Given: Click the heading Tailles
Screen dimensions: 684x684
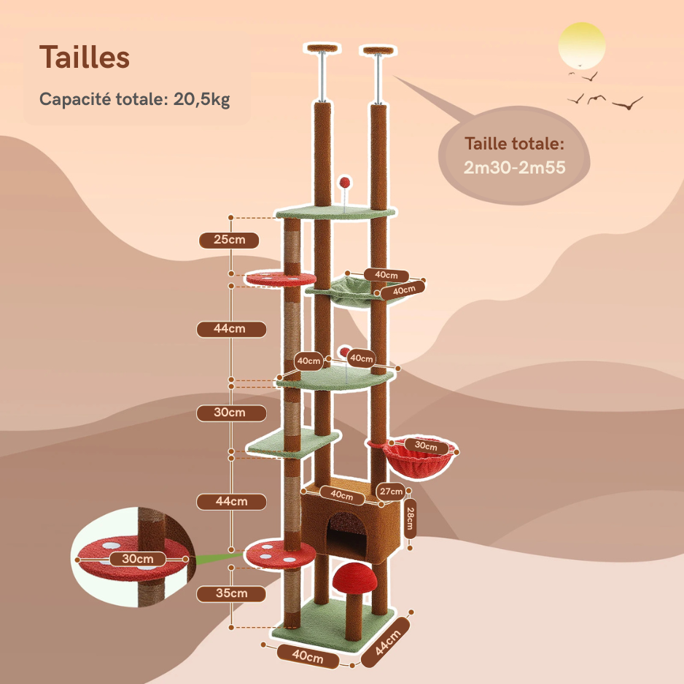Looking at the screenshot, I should coord(85,58).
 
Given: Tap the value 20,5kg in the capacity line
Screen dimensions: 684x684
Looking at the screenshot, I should coord(202,99).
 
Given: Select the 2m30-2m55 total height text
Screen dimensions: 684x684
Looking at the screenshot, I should coord(515,167).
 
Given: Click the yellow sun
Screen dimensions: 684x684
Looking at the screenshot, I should coord(581,45).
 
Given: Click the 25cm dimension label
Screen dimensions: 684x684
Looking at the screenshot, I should coord(228,240).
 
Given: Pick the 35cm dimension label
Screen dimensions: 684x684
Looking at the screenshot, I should coord(231,593).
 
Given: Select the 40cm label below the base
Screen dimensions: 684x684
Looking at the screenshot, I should coord(308,656).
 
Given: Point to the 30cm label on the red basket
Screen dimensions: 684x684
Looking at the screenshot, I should coord(426,446).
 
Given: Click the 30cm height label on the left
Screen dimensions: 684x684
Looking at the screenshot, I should coord(230,413).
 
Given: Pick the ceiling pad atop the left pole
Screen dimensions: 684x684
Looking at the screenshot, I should coord(323,49).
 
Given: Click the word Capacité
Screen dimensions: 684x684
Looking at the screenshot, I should coord(75,99).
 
